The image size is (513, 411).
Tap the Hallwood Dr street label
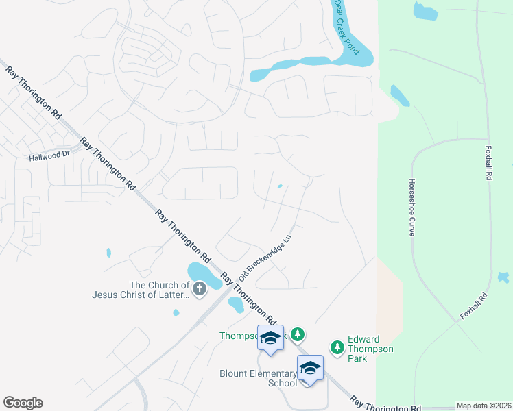49,156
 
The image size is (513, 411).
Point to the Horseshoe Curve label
412,208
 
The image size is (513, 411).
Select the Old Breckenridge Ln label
265,255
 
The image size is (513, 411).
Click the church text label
141,290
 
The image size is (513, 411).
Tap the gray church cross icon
199,289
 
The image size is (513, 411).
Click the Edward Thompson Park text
370,349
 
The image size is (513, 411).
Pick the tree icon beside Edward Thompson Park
337,348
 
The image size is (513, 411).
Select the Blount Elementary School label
258,378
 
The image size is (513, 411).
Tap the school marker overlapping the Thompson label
270,338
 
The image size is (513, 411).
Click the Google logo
23,403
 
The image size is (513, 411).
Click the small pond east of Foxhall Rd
503,277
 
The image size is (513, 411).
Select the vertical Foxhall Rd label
489,162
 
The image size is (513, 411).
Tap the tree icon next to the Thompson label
297,334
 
